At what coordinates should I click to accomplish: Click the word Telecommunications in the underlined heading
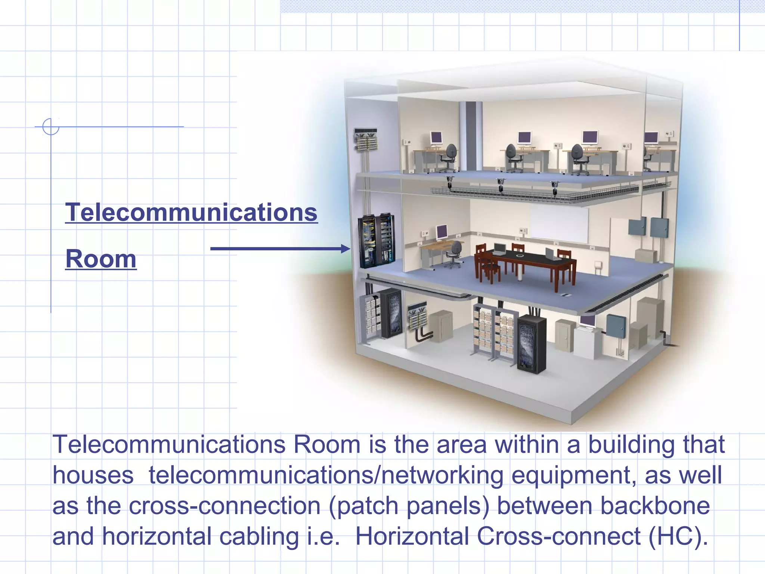(x=191, y=212)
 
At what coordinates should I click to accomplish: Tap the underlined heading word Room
(x=101, y=259)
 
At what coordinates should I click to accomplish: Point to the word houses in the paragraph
(x=93, y=475)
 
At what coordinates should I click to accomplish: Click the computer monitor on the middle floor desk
(x=442, y=232)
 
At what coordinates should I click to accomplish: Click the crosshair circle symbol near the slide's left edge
(x=51, y=127)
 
